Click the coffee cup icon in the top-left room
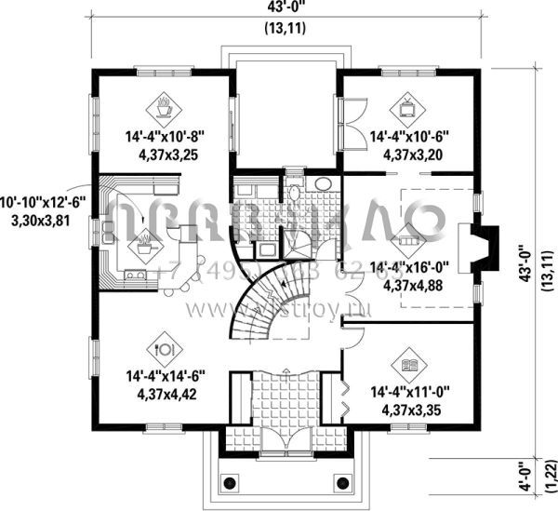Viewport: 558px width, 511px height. (x=164, y=105)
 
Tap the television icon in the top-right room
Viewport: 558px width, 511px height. (x=407, y=105)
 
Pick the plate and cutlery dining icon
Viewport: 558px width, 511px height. (x=165, y=350)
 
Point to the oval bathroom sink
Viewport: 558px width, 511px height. (x=325, y=183)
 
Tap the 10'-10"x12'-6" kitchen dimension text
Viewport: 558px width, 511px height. (x=44, y=202)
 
